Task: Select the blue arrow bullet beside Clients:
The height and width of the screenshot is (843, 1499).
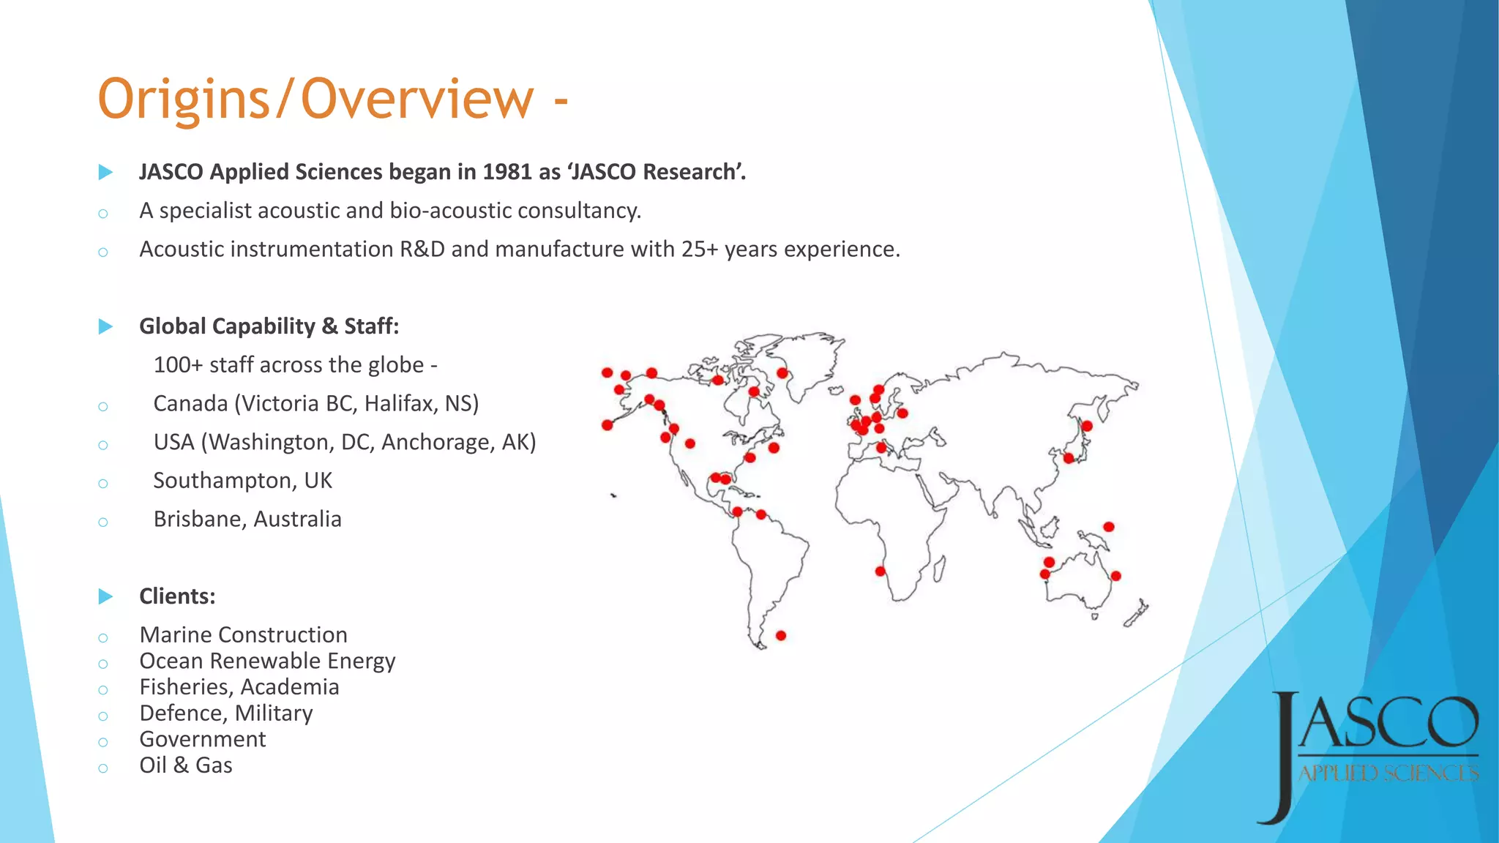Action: click(105, 596)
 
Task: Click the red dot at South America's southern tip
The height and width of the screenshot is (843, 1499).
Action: click(781, 635)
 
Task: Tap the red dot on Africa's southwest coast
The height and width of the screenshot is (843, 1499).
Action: click(881, 571)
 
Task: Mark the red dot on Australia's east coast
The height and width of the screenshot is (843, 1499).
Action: click(1115, 576)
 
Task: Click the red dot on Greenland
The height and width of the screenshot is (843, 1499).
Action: click(782, 373)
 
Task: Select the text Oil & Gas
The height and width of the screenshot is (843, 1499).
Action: click(186, 765)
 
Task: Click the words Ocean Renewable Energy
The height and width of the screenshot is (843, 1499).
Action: click(267, 661)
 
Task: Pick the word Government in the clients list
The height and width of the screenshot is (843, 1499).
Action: click(203, 739)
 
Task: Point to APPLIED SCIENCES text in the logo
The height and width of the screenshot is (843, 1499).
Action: click(1388, 773)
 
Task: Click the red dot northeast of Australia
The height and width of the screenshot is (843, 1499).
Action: click(1109, 527)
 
